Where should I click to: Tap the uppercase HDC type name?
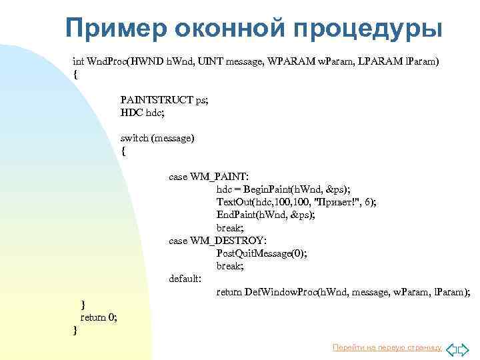(x=131, y=113)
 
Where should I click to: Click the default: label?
(x=185, y=279)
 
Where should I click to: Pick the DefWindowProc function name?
(x=279, y=292)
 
